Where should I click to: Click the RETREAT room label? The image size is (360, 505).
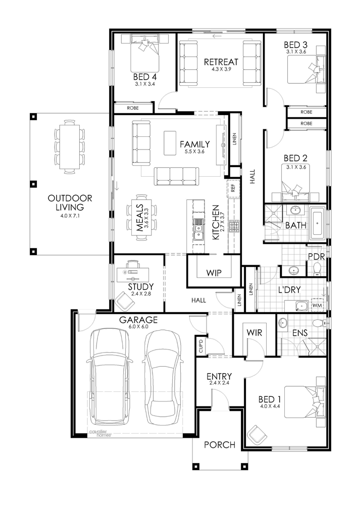pos(221,62)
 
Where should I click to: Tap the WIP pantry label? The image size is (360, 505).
pos(214,273)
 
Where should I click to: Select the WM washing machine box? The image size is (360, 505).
pos(317,305)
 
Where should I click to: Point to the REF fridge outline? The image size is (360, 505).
pos(233,188)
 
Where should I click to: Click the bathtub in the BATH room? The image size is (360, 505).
pos(318,224)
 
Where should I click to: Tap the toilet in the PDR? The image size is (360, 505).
pos(318,269)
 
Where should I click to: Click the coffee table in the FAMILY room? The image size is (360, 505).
pos(170,143)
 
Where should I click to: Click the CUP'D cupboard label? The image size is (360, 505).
pos(201,345)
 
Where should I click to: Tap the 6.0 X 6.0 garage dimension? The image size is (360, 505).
pos(138,326)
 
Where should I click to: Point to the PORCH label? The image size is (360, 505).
pos(220,445)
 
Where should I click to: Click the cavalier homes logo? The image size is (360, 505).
pos(100,433)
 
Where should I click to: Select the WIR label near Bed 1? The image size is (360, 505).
pos(254,332)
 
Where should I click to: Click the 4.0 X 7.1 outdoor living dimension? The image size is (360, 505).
pos(70,216)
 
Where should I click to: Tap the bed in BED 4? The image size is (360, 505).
pos(144,54)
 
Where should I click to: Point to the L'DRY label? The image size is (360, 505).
pos(289,289)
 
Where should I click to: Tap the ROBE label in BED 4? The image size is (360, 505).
pos(133,108)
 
